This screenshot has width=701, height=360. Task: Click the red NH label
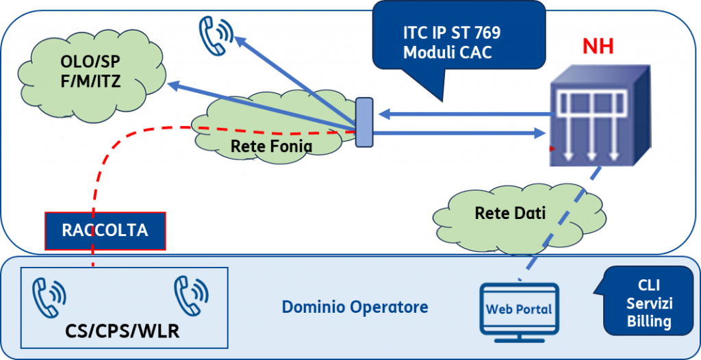coord(598,46)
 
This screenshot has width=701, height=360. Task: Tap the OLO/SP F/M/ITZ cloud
coord(92,74)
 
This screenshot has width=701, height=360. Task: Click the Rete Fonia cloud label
coord(271,146)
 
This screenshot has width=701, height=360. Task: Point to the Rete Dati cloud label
coord(510,213)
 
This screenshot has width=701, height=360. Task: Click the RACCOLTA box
coord(105,231)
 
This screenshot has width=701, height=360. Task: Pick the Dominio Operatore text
coord(355,307)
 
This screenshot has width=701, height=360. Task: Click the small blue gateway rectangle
coord(364,122)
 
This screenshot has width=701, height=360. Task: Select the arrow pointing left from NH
coord(467,114)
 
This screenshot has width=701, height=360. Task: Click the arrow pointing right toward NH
coord(459,132)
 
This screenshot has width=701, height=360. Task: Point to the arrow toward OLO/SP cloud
coord(263,107)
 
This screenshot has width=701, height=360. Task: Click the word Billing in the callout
coord(649,321)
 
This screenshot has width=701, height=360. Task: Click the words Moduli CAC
coord(448,53)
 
